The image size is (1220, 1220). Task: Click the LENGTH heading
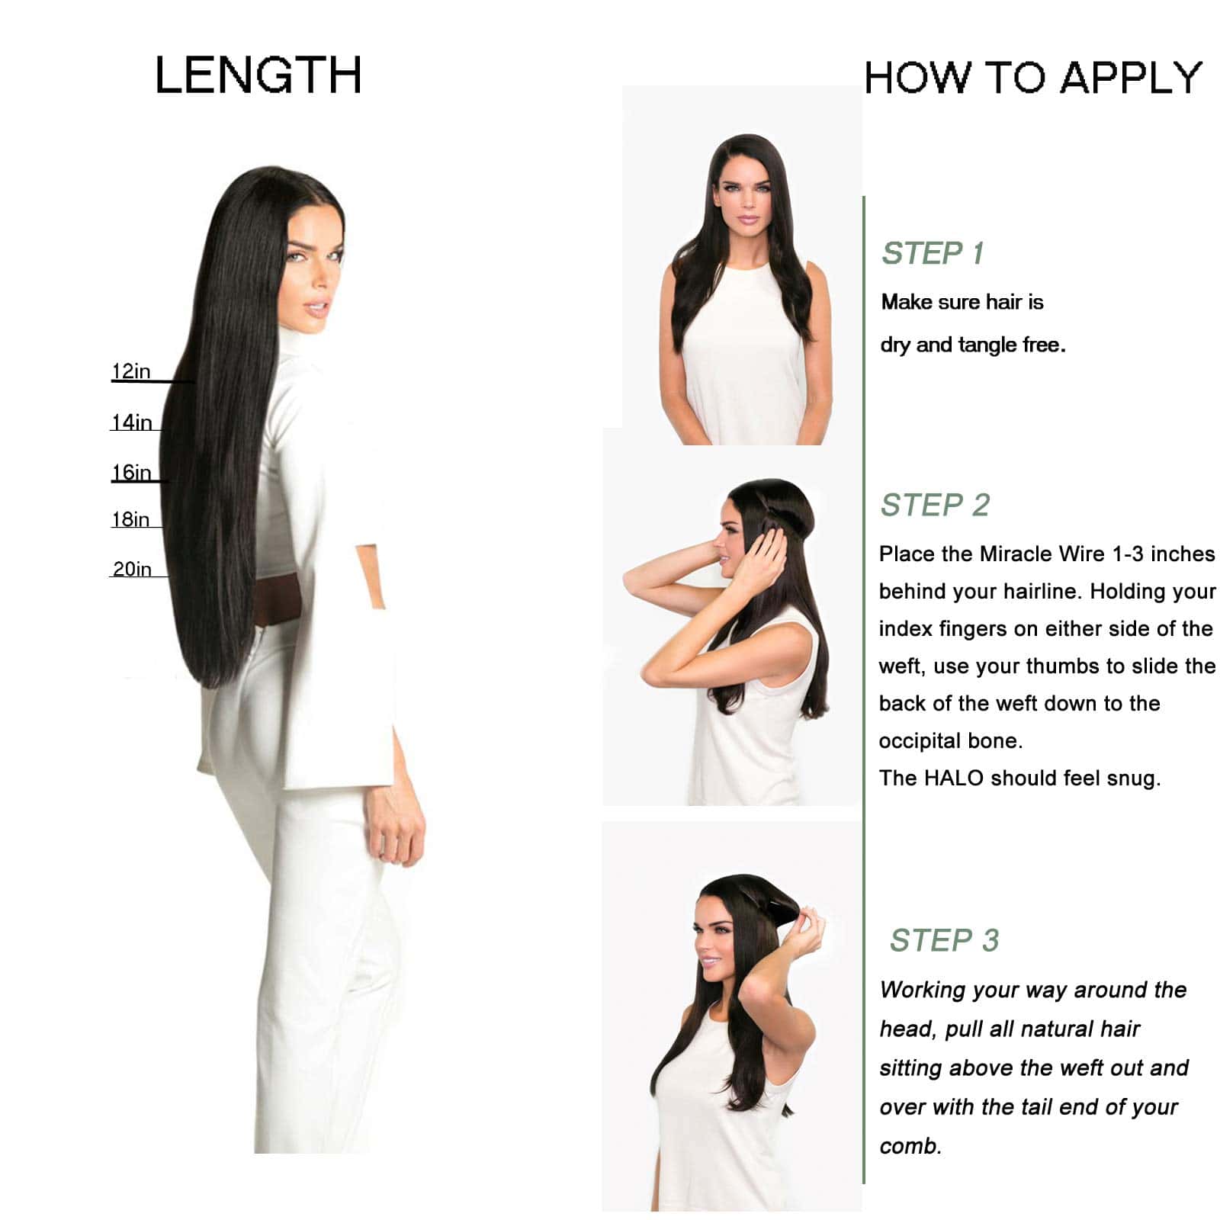pos(258,75)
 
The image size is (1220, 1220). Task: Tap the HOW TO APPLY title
pos(1033,78)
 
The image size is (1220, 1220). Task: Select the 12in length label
pos(131,371)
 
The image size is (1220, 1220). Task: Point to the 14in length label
pos(132,422)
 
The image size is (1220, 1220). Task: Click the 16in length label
pos(131,473)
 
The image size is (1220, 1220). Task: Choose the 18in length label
pos(130,519)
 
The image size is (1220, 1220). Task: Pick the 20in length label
pos(132,569)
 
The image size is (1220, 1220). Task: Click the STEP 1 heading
pos(933,253)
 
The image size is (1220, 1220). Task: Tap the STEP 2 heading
pos(935,505)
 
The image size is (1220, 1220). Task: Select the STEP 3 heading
pos(944,940)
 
